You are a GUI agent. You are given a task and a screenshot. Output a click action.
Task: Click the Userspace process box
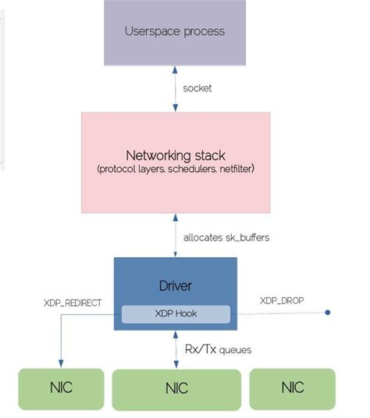[x=174, y=32]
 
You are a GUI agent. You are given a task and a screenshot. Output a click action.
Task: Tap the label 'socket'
[x=197, y=88]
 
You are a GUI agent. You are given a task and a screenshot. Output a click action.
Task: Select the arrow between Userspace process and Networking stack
[x=175, y=88]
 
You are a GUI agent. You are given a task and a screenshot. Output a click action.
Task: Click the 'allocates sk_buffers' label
[x=226, y=237]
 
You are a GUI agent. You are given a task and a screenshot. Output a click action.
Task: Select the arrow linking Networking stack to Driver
[x=175, y=235]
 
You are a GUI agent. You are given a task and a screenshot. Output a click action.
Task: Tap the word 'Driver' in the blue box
[x=175, y=286]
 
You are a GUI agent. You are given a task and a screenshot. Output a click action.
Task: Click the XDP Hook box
[x=176, y=314]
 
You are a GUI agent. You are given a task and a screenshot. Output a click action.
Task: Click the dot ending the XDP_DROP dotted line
[x=328, y=313]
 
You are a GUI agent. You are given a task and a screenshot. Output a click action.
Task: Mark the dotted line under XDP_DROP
[x=281, y=313]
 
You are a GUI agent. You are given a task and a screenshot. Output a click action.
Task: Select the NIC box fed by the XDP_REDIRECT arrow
[x=60, y=388]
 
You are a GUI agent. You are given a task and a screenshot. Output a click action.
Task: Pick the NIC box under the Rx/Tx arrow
[x=176, y=388]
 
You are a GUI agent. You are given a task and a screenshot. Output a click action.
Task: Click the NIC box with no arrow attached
[x=292, y=388]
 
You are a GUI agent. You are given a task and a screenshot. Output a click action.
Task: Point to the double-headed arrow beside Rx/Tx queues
[x=175, y=348]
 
